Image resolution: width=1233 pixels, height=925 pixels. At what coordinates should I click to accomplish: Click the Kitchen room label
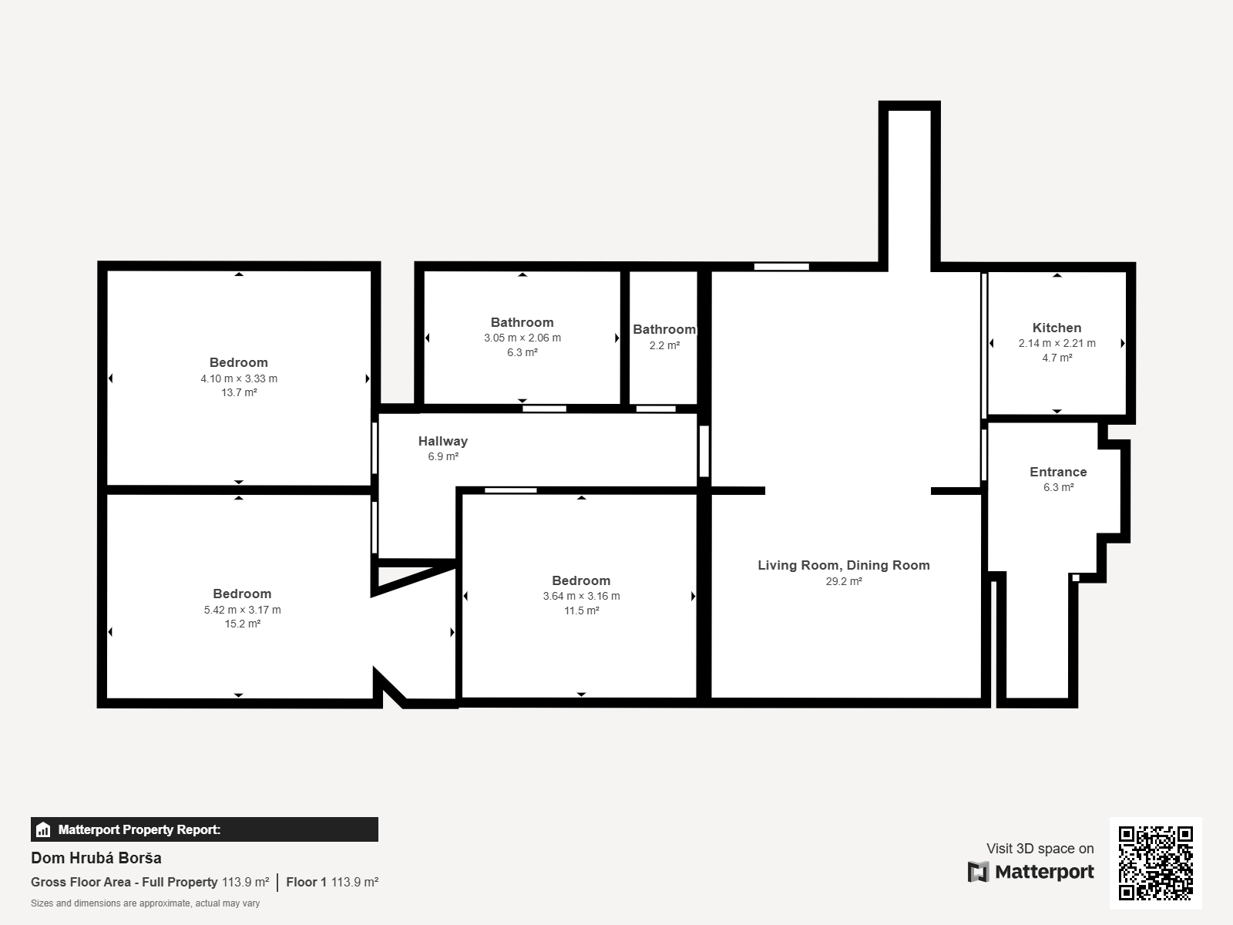click(1057, 328)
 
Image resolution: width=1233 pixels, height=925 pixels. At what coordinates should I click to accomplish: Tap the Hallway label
click(442, 442)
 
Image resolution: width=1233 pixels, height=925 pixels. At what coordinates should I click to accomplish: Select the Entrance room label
click(1058, 473)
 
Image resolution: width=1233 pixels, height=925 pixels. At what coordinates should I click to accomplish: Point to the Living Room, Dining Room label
click(844, 566)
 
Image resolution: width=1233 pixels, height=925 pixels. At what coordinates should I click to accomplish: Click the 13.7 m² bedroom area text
click(239, 392)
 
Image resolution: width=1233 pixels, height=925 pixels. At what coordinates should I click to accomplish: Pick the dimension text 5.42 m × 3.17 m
click(242, 610)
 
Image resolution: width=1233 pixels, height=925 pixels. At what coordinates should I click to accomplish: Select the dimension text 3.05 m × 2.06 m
click(522, 338)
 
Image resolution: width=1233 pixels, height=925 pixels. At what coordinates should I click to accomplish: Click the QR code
click(1155, 863)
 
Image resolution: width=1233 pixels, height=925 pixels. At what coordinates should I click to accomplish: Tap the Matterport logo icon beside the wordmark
click(978, 873)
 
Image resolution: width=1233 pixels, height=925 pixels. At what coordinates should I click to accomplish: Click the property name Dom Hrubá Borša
click(96, 858)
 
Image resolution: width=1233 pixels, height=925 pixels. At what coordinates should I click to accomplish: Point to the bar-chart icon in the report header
click(43, 829)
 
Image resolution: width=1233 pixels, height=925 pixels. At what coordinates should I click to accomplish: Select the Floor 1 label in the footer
click(306, 883)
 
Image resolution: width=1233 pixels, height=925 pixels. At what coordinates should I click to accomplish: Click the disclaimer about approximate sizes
click(145, 903)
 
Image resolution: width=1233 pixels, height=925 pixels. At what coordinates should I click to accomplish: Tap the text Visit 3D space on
click(1040, 849)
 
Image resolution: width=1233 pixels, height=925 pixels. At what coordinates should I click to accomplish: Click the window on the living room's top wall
click(781, 267)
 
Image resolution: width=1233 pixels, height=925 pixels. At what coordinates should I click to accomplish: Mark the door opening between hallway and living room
click(704, 451)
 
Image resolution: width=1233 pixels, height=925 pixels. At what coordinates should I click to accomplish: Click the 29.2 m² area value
click(844, 581)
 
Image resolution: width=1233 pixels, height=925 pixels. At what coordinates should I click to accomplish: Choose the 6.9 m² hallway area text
click(443, 456)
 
